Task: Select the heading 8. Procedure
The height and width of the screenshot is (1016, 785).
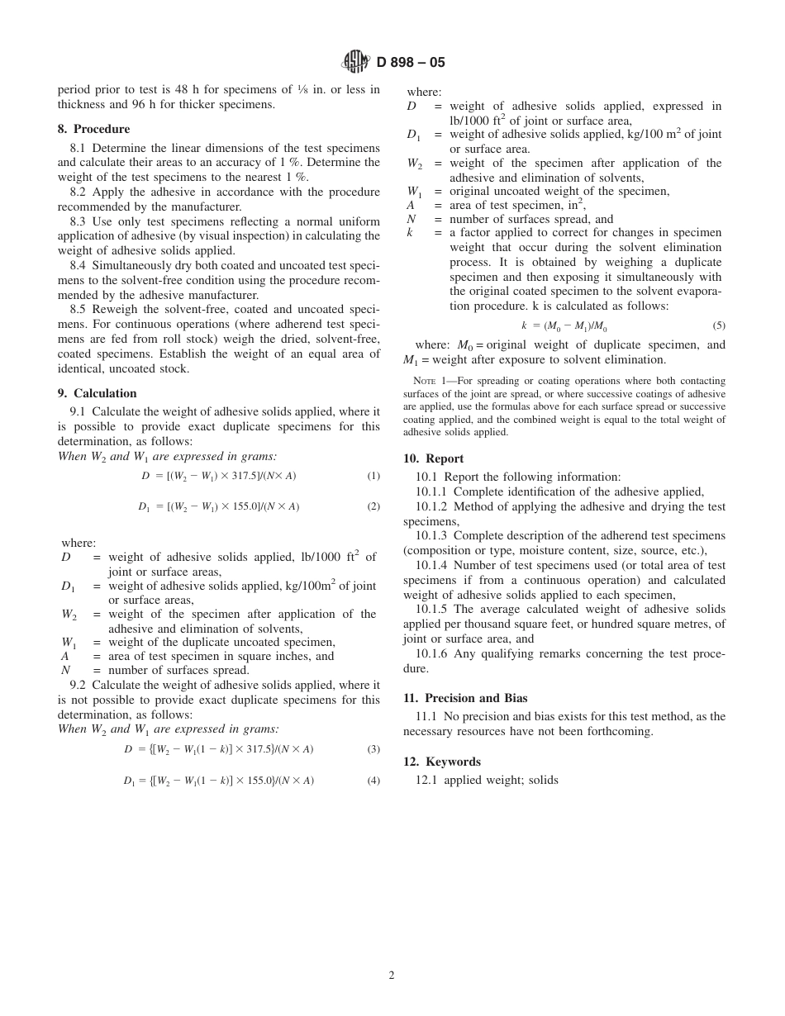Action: coord(93,129)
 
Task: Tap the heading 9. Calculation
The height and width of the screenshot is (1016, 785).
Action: coord(97,393)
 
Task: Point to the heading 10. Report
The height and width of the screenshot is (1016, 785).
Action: coord(433,458)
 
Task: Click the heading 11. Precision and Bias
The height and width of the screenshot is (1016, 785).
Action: coord(465,698)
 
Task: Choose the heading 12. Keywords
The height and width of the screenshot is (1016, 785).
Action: coord(441,762)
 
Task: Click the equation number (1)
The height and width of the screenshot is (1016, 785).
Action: coord(373,476)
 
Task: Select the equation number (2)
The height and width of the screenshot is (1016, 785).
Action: coord(373,506)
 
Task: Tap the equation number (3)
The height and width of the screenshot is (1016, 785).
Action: coord(373,749)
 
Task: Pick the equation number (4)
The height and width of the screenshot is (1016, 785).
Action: coord(373,780)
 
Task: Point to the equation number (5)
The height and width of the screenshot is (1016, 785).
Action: coord(719,325)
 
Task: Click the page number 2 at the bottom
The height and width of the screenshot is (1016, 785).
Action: coord(392,975)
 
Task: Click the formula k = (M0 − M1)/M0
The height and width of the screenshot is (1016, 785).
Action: coord(564,325)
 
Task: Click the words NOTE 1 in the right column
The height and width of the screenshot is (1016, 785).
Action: coord(431,381)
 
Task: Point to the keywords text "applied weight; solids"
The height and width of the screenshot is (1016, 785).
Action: coord(501,780)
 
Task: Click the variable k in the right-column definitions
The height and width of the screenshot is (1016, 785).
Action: coord(410,233)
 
